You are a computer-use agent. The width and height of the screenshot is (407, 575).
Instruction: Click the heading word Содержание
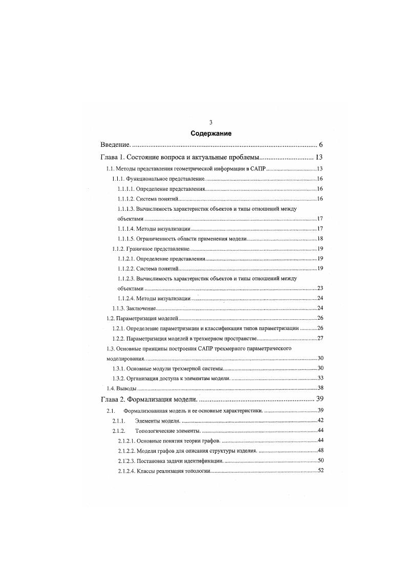pyautogui.click(x=211, y=134)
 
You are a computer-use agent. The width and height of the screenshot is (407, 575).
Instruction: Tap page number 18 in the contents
pyautogui.click(x=319, y=239)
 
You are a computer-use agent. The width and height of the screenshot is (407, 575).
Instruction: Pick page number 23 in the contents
pyautogui.click(x=319, y=289)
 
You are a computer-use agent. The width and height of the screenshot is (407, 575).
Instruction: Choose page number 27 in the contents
pyautogui.click(x=319, y=339)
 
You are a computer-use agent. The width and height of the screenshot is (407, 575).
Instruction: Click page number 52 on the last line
pyautogui.click(x=319, y=471)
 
